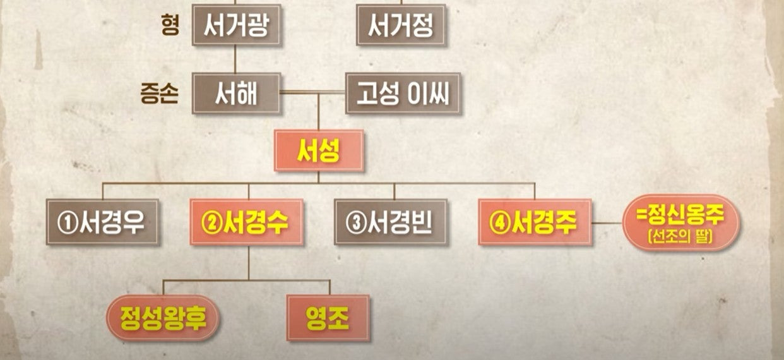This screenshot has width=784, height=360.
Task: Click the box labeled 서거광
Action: coord(236,25)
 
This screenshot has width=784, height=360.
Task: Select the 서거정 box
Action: coord(401,25)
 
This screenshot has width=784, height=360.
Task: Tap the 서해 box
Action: coord(236,93)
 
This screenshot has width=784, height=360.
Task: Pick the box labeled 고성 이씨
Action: coord(403,93)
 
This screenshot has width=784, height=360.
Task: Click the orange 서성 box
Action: coord(319,150)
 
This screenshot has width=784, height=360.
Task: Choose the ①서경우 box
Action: coord(102,222)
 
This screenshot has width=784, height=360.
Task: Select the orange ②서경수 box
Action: coord(247,222)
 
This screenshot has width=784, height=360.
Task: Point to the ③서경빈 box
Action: coord(391,222)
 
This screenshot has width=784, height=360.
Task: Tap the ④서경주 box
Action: coord(535,222)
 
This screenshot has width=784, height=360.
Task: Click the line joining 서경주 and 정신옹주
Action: coord(607,222)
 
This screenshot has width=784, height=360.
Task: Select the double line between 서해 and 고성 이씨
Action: coord(312,93)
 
